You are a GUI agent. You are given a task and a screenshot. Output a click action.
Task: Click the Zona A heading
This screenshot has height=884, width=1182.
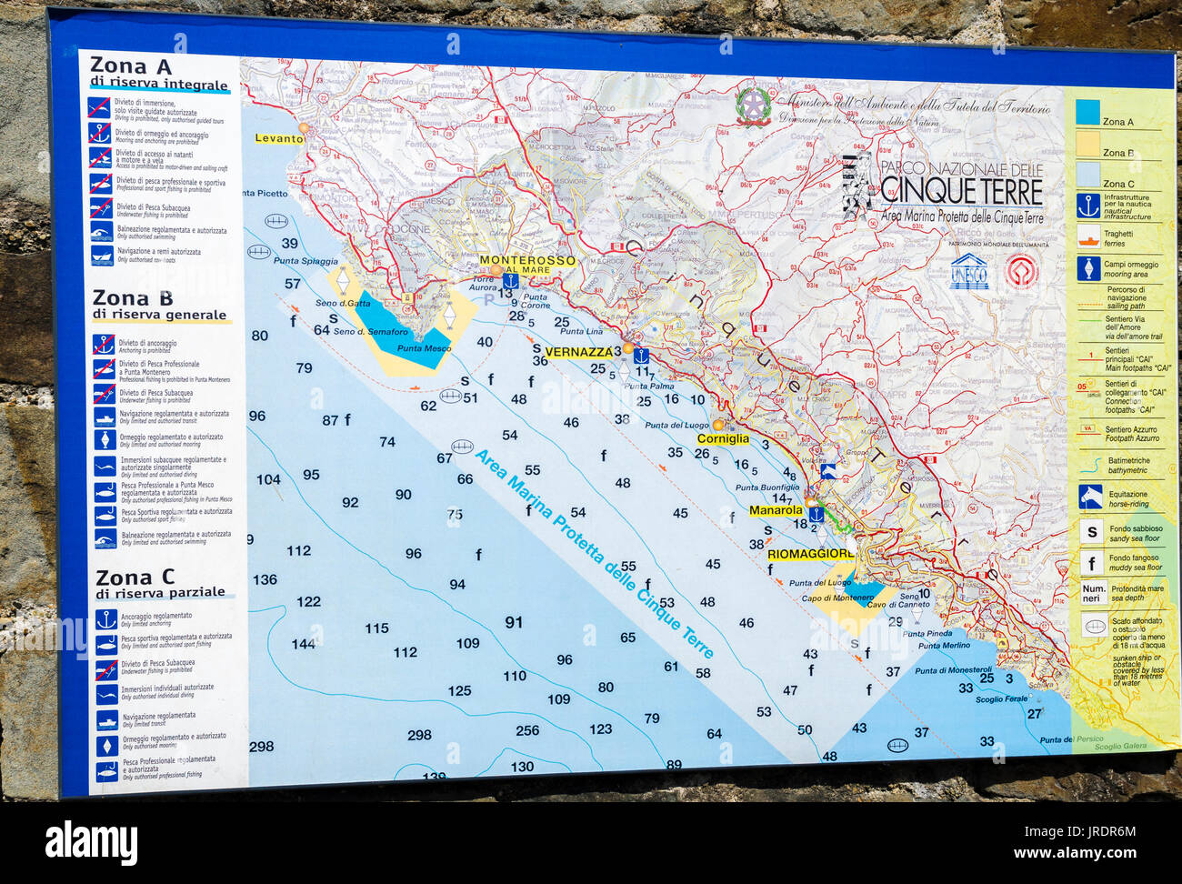(131, 66)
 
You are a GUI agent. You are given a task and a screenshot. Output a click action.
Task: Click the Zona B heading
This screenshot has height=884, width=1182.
(132, 298)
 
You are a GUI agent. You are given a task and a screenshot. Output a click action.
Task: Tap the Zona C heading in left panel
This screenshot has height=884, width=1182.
(135, 578)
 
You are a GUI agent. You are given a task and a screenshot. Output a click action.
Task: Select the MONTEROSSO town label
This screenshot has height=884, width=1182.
(527, 260)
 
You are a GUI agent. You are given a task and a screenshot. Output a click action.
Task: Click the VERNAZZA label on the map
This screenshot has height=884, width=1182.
(579, 352)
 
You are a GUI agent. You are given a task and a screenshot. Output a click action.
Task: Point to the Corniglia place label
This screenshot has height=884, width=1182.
(723, 438)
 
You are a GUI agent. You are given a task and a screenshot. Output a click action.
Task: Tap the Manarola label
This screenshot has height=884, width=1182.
(776, 510)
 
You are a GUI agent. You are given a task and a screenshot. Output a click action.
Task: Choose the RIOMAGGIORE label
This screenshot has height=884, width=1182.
(810, 554)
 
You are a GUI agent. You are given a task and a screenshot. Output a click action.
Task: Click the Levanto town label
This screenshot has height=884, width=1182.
(278, 138)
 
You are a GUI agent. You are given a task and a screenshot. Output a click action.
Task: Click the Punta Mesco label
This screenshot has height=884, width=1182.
(424, 348)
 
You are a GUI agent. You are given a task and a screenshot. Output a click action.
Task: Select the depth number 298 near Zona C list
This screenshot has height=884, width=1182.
(261, 746)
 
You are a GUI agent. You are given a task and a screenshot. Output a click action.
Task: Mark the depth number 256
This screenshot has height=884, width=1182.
(527, 730)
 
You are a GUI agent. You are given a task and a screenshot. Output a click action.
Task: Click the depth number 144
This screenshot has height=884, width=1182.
(303, 644)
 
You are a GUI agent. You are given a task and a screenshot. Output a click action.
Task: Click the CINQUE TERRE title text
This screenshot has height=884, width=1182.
(961, 192)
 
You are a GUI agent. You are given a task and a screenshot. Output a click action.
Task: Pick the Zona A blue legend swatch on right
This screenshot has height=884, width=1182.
(1087, 112)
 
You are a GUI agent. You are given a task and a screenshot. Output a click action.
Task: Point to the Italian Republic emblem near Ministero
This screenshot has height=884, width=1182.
(753, 106)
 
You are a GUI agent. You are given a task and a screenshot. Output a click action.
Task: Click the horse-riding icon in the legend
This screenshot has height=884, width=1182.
(1090, 497)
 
